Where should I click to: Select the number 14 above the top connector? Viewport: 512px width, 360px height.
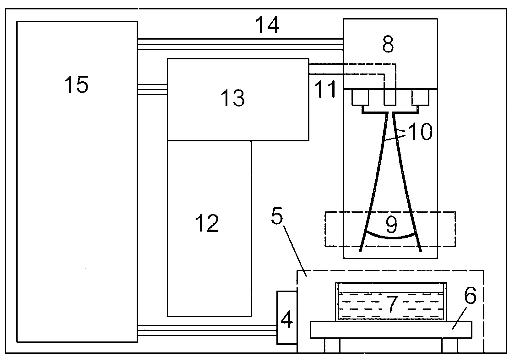tap(267, 25)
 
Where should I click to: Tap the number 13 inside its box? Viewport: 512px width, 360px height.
tap(232, 98)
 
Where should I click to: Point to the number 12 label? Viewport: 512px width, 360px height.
tap(207, 223)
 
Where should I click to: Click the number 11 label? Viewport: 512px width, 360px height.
tap(325, 89)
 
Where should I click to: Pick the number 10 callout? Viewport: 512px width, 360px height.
tap(420, 131)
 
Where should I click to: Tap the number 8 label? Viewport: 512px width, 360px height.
tap(388, 44)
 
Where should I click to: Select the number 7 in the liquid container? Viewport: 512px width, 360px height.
tap(392, 304)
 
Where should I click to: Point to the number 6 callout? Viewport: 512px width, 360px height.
tap(470, 295)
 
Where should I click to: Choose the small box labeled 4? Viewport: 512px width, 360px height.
tap(287, 318)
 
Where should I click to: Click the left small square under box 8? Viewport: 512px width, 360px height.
tap(360, 98)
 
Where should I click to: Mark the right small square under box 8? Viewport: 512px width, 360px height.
tap(420, 98)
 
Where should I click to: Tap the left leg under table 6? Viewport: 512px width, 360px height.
tap(332, 345)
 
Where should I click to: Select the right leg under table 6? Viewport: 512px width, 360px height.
tap(450, 345)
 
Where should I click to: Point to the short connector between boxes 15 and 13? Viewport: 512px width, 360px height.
tap(152, 90)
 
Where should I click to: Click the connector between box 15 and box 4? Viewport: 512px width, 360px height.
tap(207, 330)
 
